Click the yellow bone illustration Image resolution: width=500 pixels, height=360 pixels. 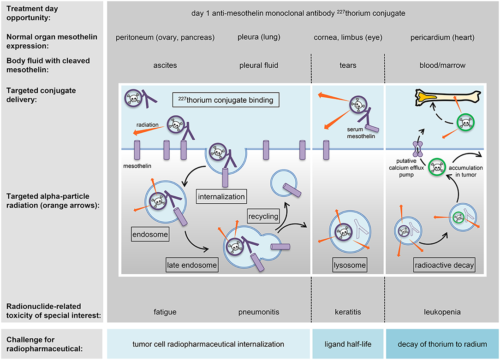[443, 97]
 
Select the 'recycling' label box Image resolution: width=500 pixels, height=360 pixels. [262, 216]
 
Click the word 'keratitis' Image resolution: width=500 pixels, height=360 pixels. [348, 312]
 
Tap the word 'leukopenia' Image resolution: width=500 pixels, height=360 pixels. [442, 312]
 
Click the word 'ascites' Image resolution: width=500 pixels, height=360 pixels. [165, 65]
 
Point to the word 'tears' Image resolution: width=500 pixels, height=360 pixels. [348, 65]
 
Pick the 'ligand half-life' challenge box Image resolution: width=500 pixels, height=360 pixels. [348, 344]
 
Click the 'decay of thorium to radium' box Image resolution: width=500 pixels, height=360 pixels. [442, 344]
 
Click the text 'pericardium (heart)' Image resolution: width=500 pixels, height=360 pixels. [442, 37]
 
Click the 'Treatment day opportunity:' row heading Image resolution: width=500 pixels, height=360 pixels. [32, 13]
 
